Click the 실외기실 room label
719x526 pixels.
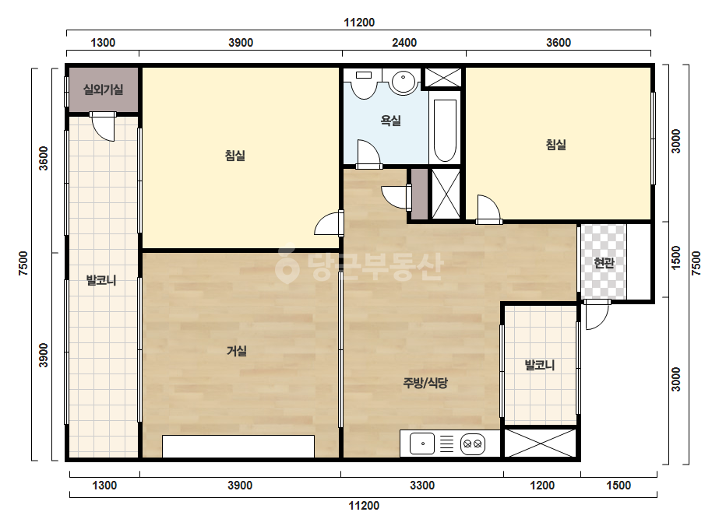103,89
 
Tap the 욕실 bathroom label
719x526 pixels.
391,121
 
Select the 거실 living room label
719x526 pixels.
237,351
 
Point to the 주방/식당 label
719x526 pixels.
425,383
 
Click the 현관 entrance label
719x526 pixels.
604,262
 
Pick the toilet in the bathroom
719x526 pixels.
364,84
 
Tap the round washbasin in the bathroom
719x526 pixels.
403,82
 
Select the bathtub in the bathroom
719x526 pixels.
445,130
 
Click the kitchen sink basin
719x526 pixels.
422,444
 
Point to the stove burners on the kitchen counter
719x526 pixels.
473,444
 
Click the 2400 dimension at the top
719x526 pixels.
404,43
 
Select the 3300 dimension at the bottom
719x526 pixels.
422,486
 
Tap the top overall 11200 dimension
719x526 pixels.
359,23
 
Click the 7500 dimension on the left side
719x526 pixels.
23,264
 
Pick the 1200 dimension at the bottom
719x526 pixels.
542,486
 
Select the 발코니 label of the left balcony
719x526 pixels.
101,280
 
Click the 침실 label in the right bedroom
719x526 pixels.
555,145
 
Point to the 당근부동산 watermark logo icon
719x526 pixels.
287,266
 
